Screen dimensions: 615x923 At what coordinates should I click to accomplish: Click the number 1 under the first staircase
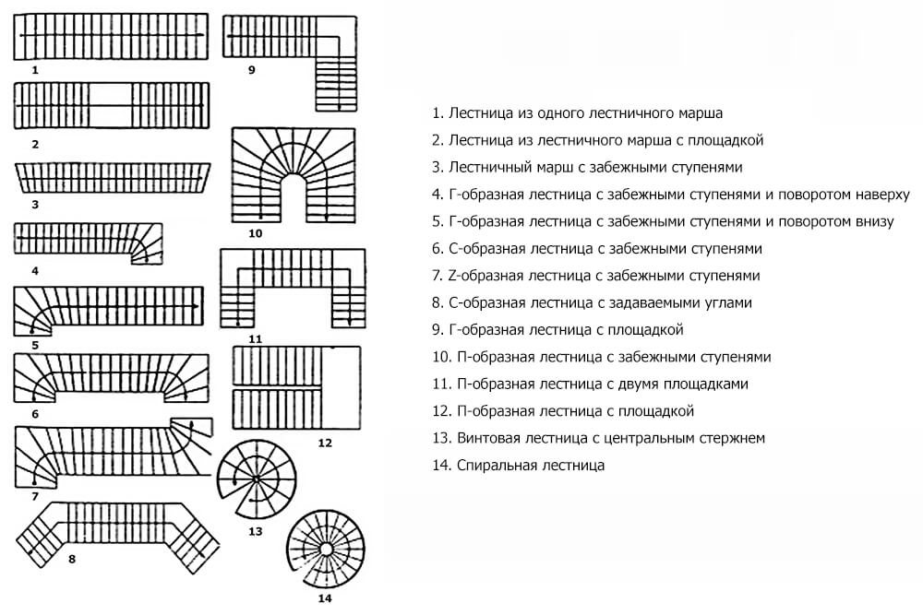click(x=34, y=70)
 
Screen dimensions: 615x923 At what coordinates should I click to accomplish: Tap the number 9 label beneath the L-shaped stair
click(x=251, y=70)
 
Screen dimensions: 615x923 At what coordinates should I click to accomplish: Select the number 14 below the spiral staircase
click(x=324, y=598)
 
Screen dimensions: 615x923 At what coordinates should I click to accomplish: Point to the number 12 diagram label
click(x=324, y=443)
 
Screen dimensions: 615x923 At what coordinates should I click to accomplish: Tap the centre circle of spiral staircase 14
click(x=326, y=549)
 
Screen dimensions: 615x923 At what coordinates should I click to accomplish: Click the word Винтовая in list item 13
click(x=487, y=438)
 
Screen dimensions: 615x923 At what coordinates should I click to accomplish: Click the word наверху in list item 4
click(x=880, y=195)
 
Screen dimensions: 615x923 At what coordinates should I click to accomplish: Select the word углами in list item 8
click(x=728, y=302)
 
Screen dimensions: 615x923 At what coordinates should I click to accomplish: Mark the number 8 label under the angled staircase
click(x=72, y=559)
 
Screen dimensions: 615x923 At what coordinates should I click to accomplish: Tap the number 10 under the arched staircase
click(x=256, y=233)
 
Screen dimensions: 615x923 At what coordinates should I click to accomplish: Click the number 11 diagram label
click(x=256, y=338)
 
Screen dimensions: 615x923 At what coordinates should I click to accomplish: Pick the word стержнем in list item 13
click(x=733, y=438)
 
